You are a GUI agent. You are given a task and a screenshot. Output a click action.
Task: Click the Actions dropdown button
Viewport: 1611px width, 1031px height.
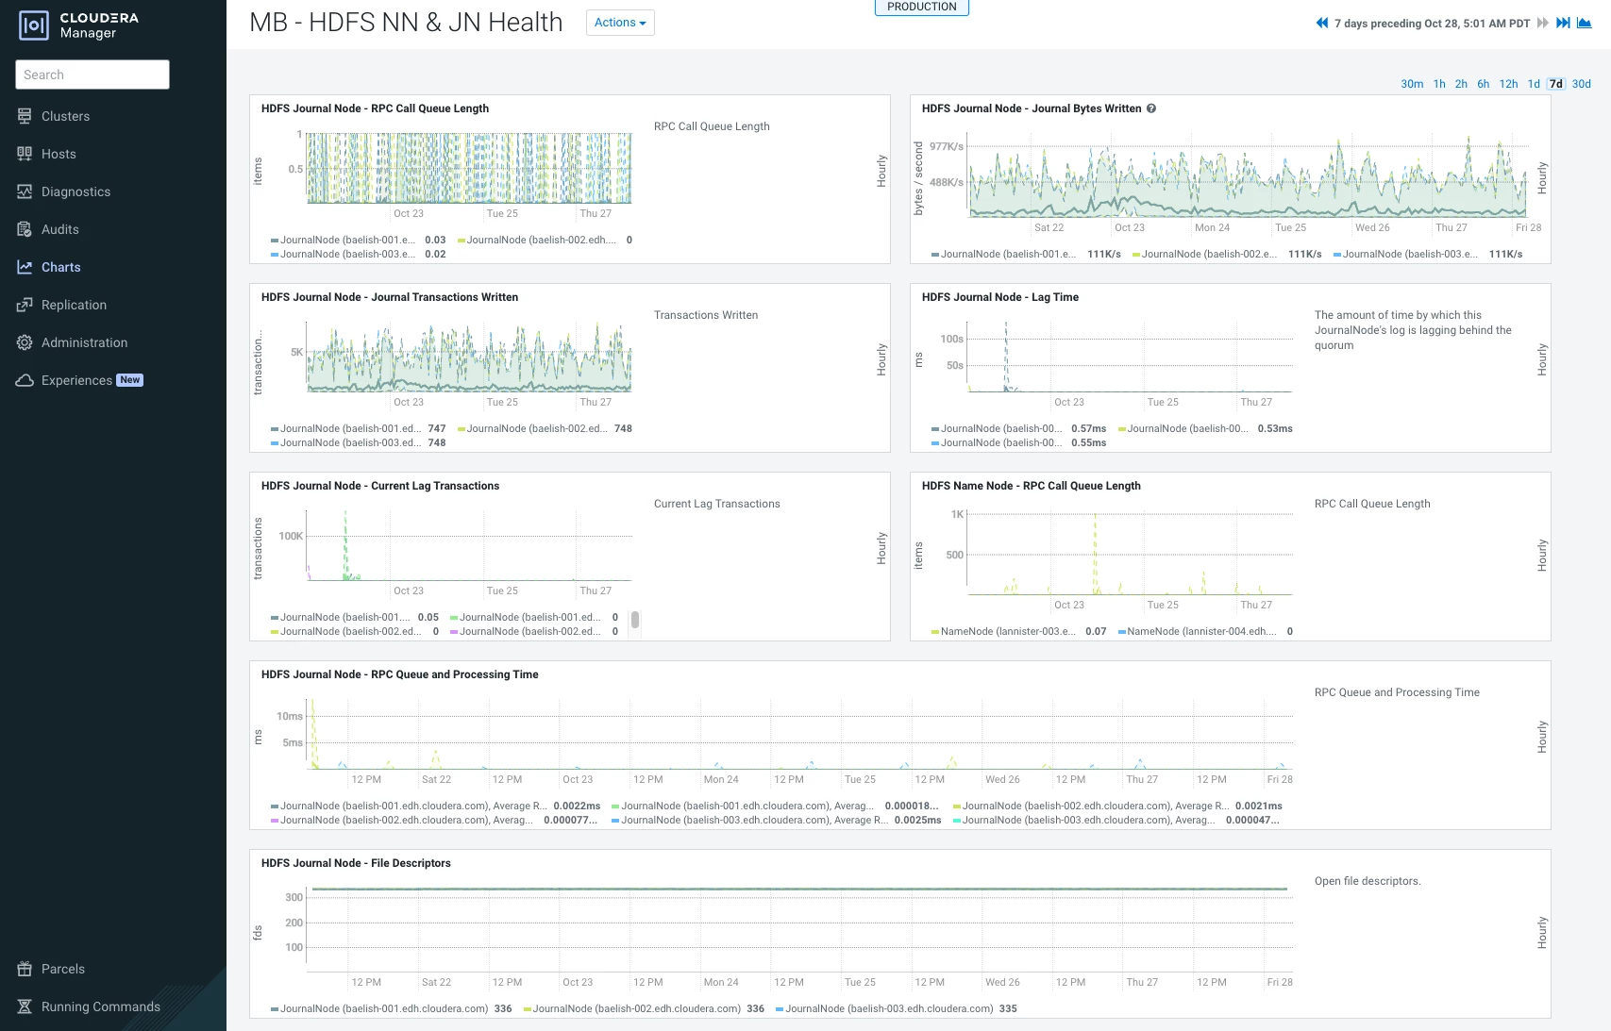click(x=620, y=23)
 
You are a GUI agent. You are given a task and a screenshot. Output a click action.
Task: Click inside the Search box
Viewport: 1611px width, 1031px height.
click(x=92, y=75)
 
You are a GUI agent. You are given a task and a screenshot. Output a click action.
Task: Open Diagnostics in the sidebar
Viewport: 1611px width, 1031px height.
click(x=76, y=191)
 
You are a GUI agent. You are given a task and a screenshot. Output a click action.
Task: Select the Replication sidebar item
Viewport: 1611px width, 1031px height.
click(x=74, y=305)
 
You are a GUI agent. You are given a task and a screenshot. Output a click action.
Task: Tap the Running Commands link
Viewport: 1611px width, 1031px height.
click(x=100, y=1006)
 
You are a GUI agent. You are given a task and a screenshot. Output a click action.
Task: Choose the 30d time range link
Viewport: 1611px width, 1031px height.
click(x=1582, y=83)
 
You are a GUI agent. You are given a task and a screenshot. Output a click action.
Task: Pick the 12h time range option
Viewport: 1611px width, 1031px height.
click(x=1508, y=83)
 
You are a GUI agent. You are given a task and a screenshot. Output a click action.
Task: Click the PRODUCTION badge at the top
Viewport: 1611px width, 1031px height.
click(x=921, y=7)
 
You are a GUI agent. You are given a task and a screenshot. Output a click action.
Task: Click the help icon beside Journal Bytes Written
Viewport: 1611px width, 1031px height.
click(x=1151, y=108)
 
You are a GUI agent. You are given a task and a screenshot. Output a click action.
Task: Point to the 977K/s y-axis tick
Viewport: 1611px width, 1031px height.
click(x=946, y=146)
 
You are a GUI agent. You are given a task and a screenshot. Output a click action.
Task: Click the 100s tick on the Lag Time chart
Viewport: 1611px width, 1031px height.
click(x=951, y=339)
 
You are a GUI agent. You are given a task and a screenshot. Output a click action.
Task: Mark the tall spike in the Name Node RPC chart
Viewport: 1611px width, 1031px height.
click(x=1095, y=554)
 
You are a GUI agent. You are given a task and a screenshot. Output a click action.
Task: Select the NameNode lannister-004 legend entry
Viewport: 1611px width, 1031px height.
click(x=1205, y=631)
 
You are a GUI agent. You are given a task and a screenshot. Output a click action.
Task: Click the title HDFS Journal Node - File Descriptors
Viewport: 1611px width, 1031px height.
click(x=356, y=863)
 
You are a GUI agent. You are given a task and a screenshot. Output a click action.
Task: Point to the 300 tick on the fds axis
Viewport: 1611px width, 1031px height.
click(x=294, y=897)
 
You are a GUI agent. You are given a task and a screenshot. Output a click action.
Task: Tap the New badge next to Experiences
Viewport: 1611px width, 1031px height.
click(x=130, y=379)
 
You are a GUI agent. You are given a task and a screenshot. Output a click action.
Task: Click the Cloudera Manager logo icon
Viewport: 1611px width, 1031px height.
click(x=33, y=25)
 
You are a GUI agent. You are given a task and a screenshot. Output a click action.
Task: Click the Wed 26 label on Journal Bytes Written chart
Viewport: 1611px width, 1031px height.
click(x=1372, y=227)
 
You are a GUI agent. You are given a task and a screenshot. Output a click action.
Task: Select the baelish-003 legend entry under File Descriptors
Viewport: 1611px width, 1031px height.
click(x=897, y=1008)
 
